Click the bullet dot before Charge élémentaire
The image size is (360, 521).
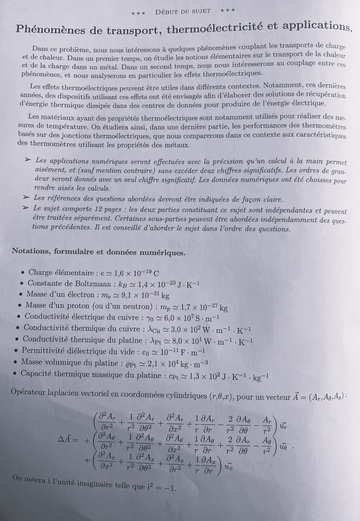point(21,273)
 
